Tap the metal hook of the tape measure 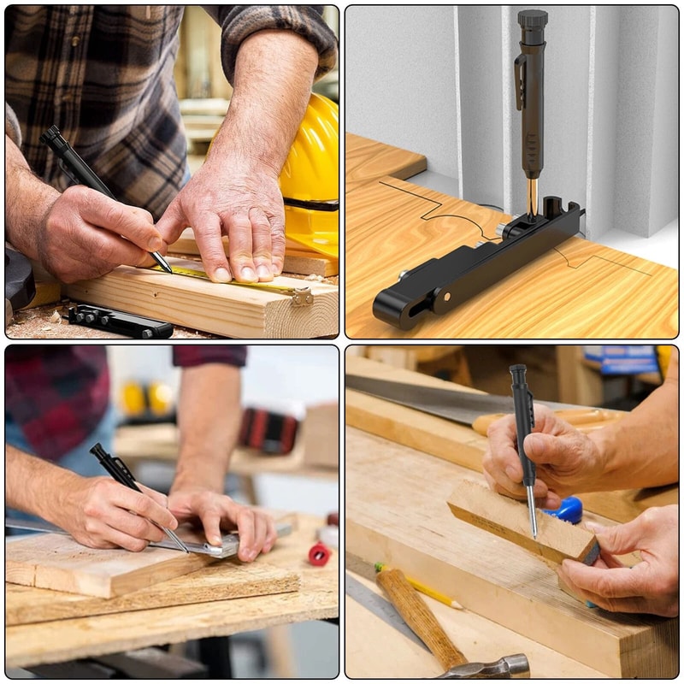click(301, 296)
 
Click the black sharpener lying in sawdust click(120, 321)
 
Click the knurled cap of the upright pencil click(532, 20)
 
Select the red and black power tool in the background click(268, 430)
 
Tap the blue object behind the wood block click(568, 510)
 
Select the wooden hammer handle click(419, 616)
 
